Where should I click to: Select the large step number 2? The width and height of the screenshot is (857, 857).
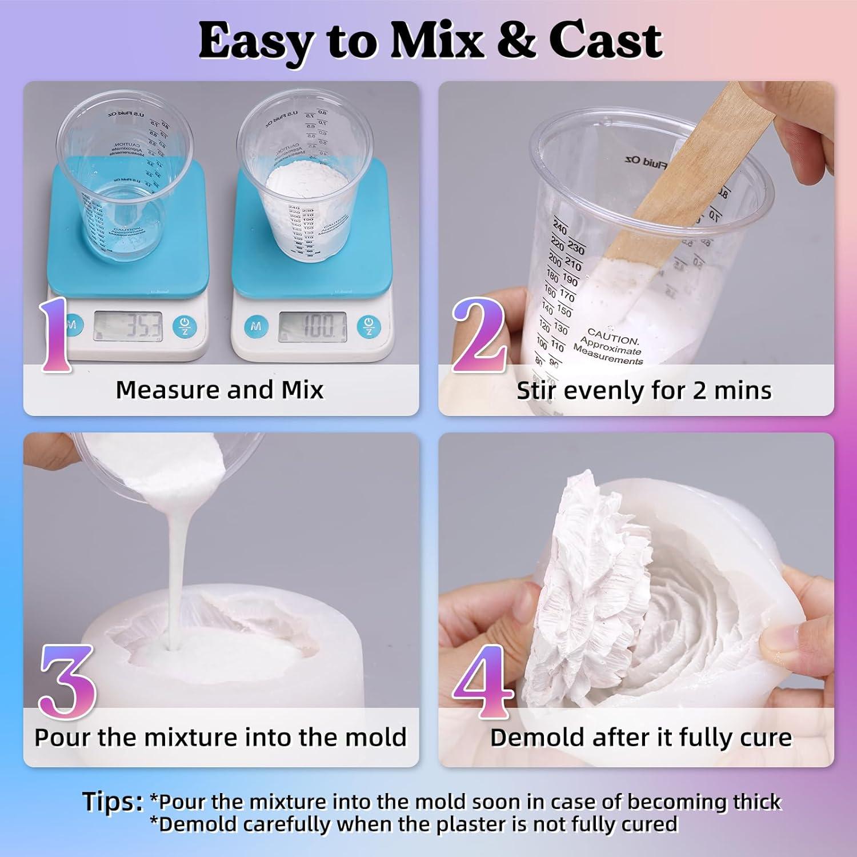[x=479, y=335]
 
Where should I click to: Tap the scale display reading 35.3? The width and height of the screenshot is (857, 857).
[x=128, y=327]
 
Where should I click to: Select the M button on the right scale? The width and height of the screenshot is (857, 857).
[x=255, y=327]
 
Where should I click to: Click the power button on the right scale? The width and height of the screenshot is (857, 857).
[x=369, y=327]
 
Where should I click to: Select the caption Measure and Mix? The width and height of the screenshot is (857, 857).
[x=219, y=390]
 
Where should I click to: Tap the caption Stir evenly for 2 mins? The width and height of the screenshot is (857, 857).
[x=644, y=391]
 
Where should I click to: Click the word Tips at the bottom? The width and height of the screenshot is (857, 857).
[x=112, y=802]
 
